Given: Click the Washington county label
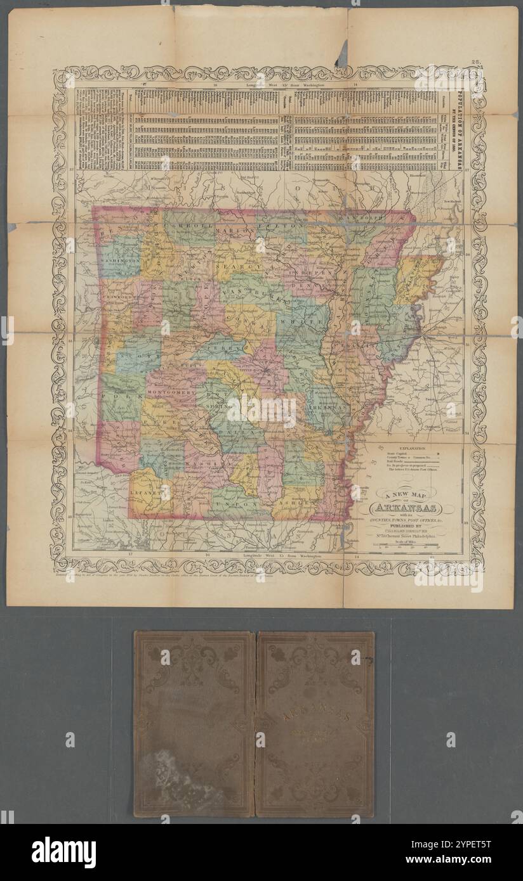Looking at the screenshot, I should pos(119,260).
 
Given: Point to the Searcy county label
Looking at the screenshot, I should pos(231,268).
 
